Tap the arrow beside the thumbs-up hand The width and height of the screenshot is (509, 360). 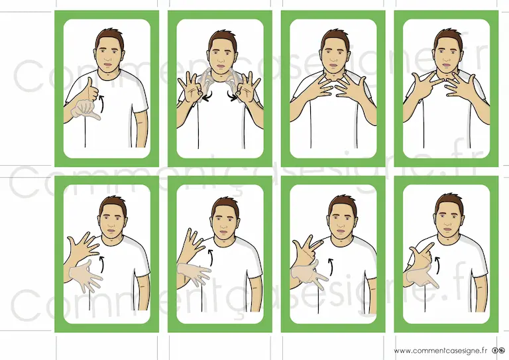coord(102,103)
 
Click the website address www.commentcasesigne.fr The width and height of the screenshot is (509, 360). coord(441,351)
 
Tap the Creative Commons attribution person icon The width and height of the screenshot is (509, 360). coord(495,351)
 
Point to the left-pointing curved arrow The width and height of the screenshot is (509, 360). coord(207,95)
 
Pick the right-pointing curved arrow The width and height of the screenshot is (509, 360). coord(232,95)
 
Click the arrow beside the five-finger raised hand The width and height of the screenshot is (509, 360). coord(103,265)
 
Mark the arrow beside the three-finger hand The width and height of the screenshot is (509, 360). coord(331,267)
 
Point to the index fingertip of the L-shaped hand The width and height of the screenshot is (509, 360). coord(432,244)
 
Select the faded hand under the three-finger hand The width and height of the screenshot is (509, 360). coord(308,275)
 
